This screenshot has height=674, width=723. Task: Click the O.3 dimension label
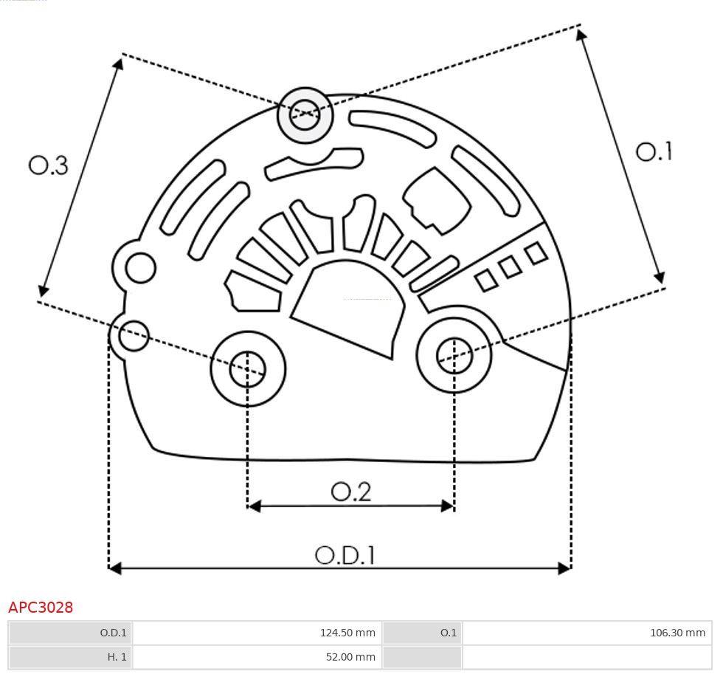point(49,165)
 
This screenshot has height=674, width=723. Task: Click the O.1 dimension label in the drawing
point(654,151)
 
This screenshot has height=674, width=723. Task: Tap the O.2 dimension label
point(350,491)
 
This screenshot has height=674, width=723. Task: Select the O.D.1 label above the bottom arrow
point(345,554)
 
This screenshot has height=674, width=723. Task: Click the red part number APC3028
point(41,608)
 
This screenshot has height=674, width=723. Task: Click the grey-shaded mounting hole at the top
point(305,114)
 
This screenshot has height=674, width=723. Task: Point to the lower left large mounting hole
point(248,368)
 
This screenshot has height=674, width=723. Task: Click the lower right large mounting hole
point(454,357)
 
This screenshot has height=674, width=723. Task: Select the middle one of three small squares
point(510,267)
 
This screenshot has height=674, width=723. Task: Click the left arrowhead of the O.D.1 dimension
point(114,568)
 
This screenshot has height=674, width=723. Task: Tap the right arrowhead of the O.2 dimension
point(447,506)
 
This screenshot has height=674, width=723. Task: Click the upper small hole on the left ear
point(140,267)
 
